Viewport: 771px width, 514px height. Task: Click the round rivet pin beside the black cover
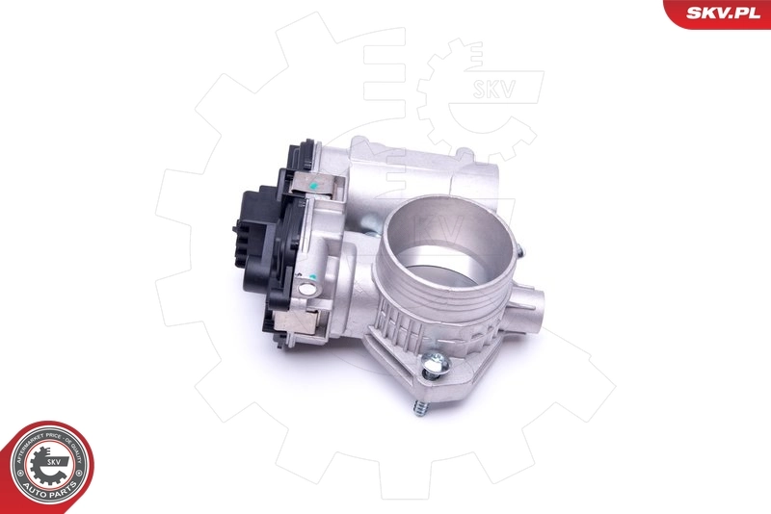[307, 286]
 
